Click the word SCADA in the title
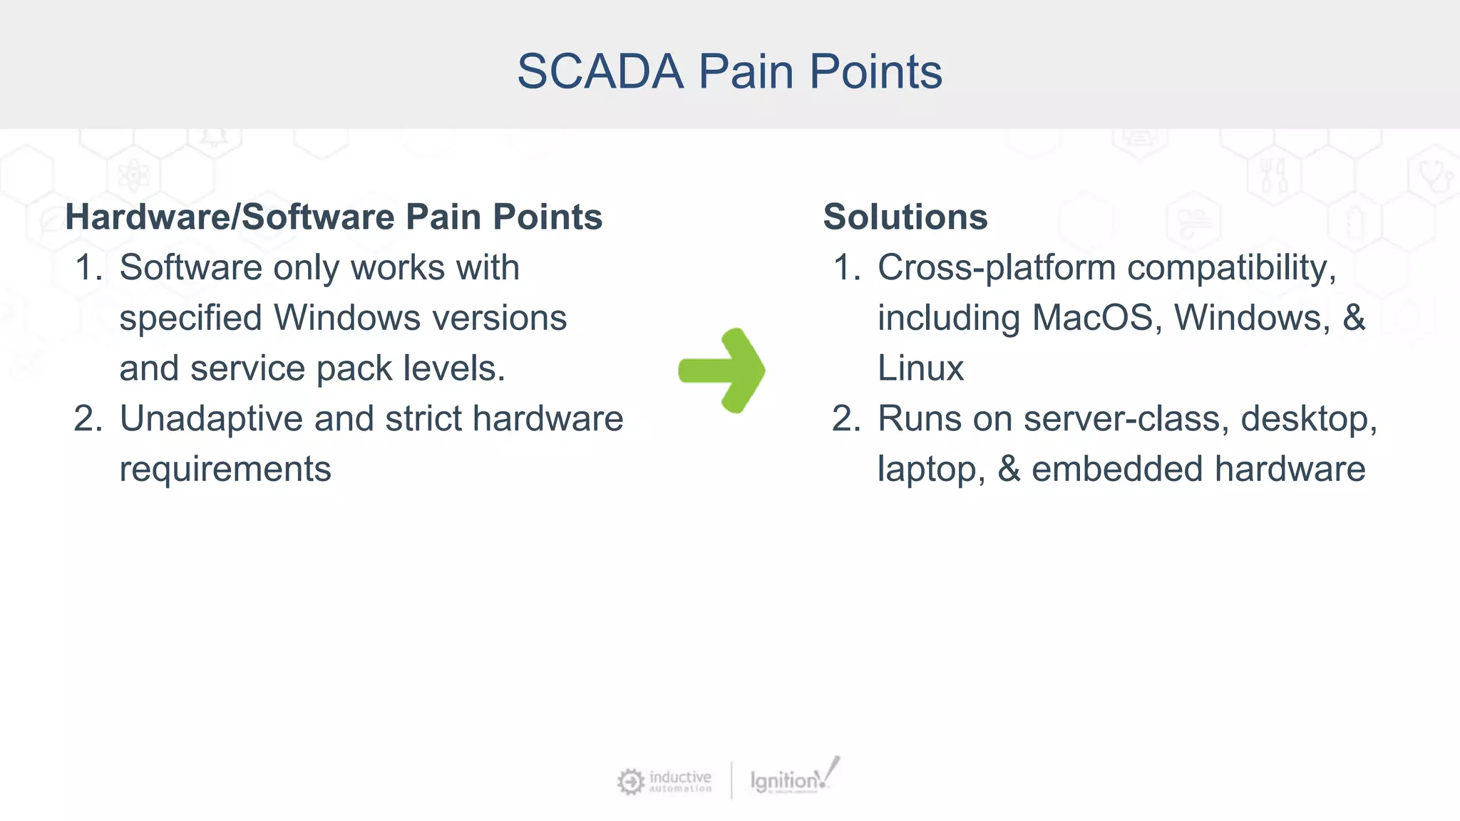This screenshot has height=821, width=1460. (x=600, y=72)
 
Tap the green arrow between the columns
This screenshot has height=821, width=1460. (x=722, y=371)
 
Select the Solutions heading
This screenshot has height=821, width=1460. (x=905, y=217)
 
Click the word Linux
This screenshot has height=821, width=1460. (x=920, y=368)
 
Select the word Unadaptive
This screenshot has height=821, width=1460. (x=211, y=419)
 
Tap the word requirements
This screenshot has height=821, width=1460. (x=225, y=470)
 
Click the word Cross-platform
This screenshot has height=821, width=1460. (x=996, y=269)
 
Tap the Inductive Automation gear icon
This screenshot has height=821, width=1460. (x=630, y=782)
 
